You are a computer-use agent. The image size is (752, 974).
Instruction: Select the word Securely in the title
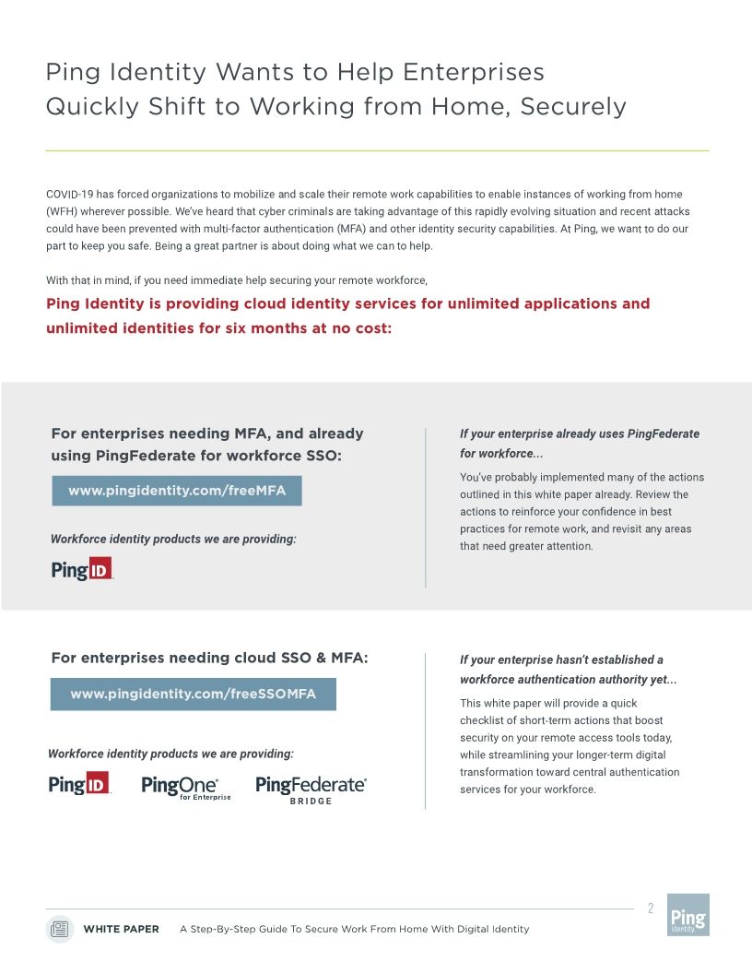572,106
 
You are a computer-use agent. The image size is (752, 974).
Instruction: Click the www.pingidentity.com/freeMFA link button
177,491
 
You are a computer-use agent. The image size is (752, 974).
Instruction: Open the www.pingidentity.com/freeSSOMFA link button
193,694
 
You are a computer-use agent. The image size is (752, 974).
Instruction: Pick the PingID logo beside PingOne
79,785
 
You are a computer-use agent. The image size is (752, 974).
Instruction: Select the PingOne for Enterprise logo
185,787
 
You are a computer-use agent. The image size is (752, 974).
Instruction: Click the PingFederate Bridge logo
311,790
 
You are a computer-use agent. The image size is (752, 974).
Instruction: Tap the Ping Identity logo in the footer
687,914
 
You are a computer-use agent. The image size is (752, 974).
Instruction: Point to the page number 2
650,909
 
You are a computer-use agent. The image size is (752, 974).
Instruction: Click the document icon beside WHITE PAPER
59,929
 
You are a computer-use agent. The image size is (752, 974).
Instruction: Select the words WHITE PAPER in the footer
121,929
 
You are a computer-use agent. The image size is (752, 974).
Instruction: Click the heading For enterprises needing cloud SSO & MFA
209,658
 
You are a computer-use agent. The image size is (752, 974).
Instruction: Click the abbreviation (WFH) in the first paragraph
62,211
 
